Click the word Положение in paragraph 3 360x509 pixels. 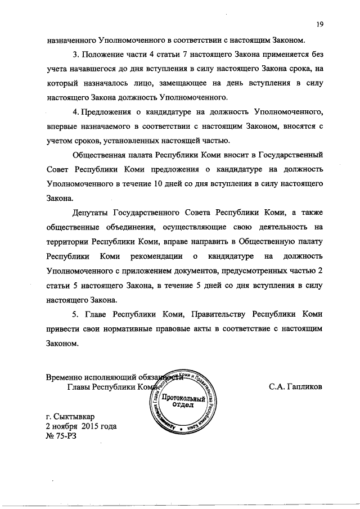[x=105, y=55]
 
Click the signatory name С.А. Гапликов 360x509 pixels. [x=295, y=387]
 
